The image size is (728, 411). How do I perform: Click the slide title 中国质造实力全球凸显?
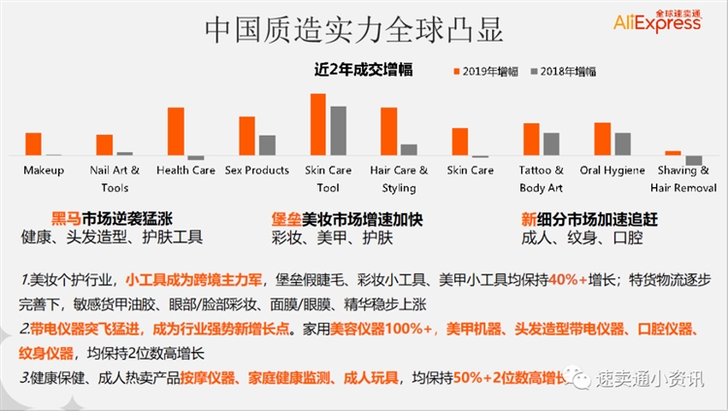pos(353,30)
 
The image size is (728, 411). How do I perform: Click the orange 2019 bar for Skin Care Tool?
pos(317,125)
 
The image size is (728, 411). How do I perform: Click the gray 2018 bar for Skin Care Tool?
pos(338,131)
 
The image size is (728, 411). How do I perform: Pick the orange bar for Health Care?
pos(176,132)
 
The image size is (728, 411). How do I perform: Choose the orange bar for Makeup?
pos(33,144)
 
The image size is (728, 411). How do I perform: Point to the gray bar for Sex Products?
pos(267,145)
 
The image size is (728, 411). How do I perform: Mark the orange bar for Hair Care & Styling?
pos(389,132)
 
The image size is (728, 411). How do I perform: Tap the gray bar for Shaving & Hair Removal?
pos(693,160)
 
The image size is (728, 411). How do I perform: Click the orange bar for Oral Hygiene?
pos(602,140)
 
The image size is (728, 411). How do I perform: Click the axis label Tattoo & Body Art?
pos(541,178)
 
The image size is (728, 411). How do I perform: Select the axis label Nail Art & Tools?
pos(115,178)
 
